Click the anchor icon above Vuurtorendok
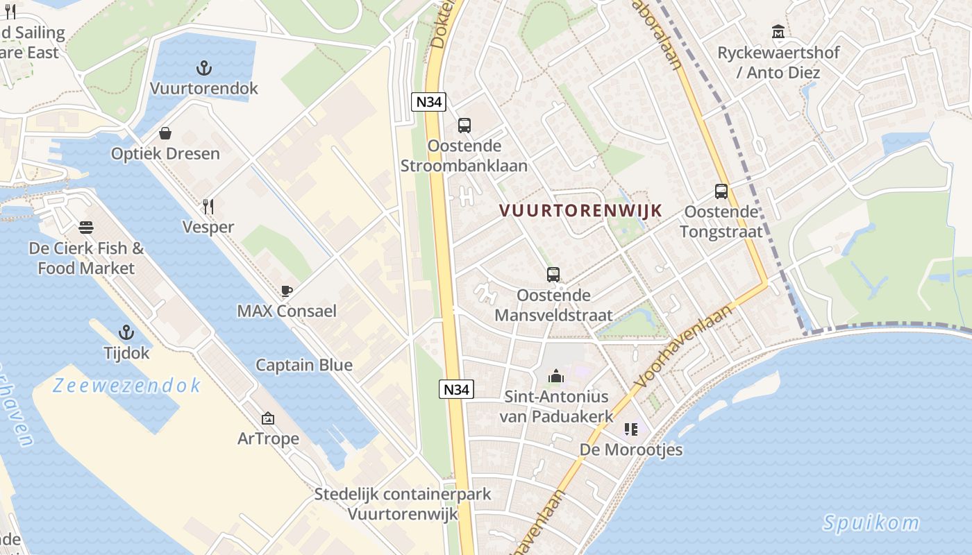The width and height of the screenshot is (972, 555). click(204, 68)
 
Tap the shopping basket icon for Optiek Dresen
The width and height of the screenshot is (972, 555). click(165, 133)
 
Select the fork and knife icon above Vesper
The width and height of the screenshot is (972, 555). click(208, 206)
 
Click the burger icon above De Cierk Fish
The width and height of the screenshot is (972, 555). click(86, 228)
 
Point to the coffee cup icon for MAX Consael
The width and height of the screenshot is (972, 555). click(287, 291)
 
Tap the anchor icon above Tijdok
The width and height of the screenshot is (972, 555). click(126, 332)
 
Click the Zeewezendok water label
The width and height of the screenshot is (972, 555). click(126, 385)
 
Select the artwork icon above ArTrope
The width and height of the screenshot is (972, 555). click(268, 418)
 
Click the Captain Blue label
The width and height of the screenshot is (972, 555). click(303, 365)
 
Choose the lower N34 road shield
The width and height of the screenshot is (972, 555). click(457, 389)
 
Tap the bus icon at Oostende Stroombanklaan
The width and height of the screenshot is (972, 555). click(464, 126)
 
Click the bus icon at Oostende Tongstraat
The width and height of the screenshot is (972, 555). click(721, 191)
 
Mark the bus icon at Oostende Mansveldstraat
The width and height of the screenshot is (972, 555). click(553, 275)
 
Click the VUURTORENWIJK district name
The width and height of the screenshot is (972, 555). click(580, 210)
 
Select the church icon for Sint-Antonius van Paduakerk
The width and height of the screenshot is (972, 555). click(556, 376)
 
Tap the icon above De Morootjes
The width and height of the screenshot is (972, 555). click(630, 429)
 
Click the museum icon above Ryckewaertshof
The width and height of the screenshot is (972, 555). click(778, 32)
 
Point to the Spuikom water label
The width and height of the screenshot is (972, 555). click(871, 522)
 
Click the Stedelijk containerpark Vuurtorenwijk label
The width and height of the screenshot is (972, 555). click(403, 504)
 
